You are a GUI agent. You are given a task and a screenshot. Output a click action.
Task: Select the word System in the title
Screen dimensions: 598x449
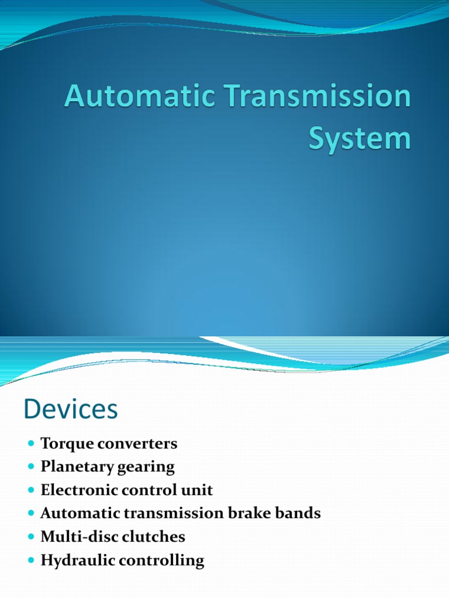pos(360,140)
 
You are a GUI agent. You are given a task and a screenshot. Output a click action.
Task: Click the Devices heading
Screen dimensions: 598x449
pos(71,409)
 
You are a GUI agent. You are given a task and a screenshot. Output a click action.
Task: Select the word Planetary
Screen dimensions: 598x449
pos(71,467)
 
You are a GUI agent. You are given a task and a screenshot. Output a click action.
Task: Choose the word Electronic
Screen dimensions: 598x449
pos(74,491)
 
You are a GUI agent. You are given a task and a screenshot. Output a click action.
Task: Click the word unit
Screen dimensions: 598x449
pos(197,491)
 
